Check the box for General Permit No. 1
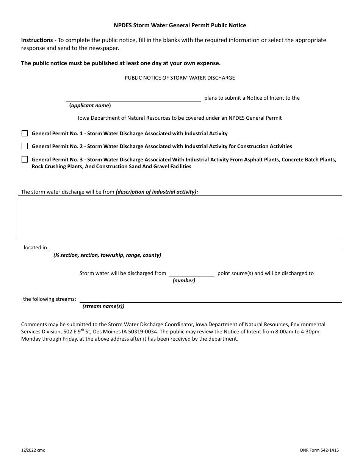tap(25, 133)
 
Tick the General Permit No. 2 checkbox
tap(25, 146)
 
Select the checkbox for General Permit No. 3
tap(25, 160)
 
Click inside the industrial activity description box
tap(180, 217)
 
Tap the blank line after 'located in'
tap(196, 247)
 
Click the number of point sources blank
tap(191, 274)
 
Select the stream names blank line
tap(210, 299)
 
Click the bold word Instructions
tap(37, 40)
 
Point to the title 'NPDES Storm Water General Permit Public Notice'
tap(180, 25)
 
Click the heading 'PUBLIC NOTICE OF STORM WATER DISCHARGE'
tap(180, 78)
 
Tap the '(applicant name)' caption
tap(90, 106)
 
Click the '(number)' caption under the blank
tap(184, 281)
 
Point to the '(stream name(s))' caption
tap(103, 306)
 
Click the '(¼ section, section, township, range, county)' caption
tap(107, 255)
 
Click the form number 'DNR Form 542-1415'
tap(319, 450)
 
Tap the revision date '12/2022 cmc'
tap(33, 450)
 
